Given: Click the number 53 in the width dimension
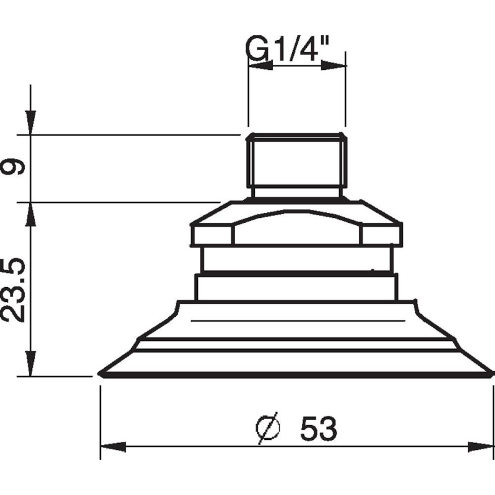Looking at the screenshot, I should pyautogui.click(x=319, y=428).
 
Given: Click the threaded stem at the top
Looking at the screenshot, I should pyautogui.click(x=296, y=162).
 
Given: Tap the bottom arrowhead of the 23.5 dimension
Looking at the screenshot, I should pyautogui.click(x=29, y=365).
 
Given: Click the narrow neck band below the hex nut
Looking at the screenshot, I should pyautogui.click(x=296, y=260).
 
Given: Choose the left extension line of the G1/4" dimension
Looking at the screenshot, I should pyautogui.click(x=248, y=93).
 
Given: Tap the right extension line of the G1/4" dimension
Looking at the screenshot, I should pyautogui.click(x=345, y=93).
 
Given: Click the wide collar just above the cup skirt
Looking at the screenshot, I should pyautogui.click(x=296, y=287).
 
